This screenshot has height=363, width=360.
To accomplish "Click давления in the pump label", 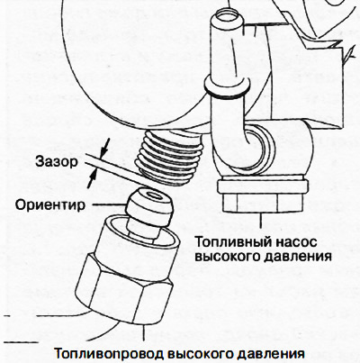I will tap(292, 256).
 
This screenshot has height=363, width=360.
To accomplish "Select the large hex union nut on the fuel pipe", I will tap(126, 279).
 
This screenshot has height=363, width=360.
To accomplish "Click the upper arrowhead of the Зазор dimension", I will tap(106, 149).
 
